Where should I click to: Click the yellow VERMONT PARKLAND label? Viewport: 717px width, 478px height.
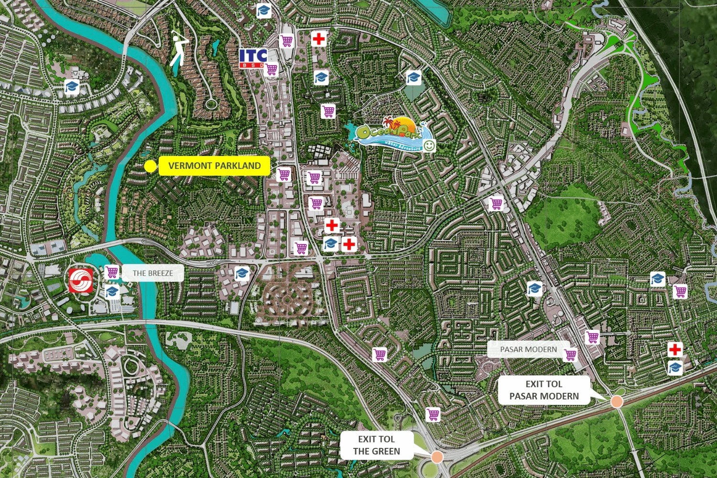tap(214, 166)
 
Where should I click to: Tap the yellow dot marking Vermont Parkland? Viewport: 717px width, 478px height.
tap(150, 166)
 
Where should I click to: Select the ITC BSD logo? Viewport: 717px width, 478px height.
tap(253, 58)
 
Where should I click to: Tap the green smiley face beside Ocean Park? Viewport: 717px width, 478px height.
tap(429, 145)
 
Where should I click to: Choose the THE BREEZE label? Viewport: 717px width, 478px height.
tap(152, 273)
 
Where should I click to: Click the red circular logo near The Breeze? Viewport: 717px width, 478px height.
tap(81, 280)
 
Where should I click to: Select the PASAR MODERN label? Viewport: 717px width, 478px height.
tap(528, 350)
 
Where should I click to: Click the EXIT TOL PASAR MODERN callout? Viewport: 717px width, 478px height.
tap(544, 390)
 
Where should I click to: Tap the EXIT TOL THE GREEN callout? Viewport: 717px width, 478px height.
tap(377, 445)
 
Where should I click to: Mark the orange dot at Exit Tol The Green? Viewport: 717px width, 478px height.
tap(437, 456)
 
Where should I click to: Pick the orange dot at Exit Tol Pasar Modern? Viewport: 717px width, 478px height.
tap(617, 401)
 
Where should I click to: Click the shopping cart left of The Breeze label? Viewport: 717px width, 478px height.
tap(112, 272)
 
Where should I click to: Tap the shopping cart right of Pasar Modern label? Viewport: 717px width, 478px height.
tap(570, 355)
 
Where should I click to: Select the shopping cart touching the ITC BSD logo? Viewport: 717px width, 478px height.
tap(272, 69)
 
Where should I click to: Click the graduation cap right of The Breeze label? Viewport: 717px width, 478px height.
tap(242, 274)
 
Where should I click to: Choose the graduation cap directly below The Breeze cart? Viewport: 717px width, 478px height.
tap(112, 291)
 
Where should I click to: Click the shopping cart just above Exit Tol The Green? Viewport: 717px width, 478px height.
tap(433, 414)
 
